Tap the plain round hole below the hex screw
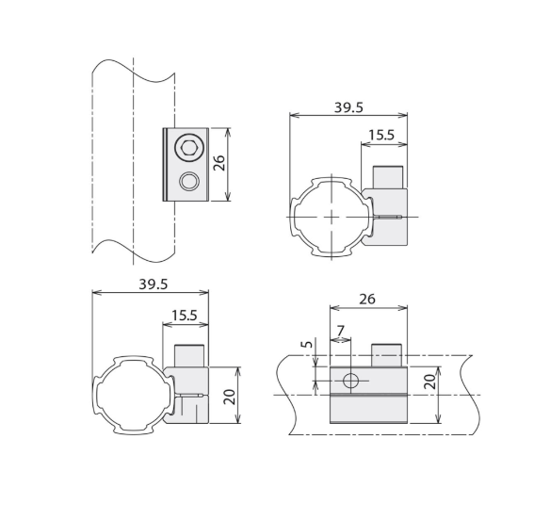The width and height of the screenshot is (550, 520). coord(189,182)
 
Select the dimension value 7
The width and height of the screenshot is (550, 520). coord(340,331)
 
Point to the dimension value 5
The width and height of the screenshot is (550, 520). coord(307,344)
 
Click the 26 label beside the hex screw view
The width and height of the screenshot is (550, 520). coord(219,163)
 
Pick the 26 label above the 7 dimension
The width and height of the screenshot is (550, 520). coord(367,299)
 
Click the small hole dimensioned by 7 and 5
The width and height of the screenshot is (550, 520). coord(350,381)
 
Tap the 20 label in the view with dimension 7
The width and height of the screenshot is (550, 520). coord(430,382)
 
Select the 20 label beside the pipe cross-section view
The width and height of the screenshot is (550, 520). coord(230,397)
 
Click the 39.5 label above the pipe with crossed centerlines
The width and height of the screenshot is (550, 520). coord(348,107)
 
